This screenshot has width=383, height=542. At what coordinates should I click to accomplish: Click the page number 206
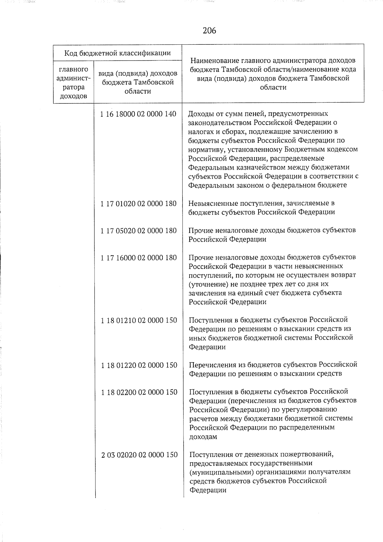click(x=209, y=31)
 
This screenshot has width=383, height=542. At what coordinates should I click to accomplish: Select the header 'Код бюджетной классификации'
click(x=117, y=53)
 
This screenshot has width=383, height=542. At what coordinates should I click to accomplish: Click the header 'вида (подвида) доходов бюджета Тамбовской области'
click(x=138, y=82)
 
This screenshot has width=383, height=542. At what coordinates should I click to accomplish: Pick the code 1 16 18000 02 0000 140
click(x=138, y=114)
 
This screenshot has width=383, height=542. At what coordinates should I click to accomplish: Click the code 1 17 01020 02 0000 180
click(x=139, y=203)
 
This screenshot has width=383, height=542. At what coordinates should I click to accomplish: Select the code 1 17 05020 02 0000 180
click(x=139, y=231)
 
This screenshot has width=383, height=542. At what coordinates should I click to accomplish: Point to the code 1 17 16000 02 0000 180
click(x=139, y=257)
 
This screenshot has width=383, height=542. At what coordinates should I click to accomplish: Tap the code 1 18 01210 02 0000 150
click(x=139, y=320)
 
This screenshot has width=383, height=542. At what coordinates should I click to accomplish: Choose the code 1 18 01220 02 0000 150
click(x=139, y=365)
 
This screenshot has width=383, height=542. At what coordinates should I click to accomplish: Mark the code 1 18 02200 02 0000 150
click(x=139, y=392)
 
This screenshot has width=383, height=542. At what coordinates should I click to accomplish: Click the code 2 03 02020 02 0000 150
click(x=139, y=454)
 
